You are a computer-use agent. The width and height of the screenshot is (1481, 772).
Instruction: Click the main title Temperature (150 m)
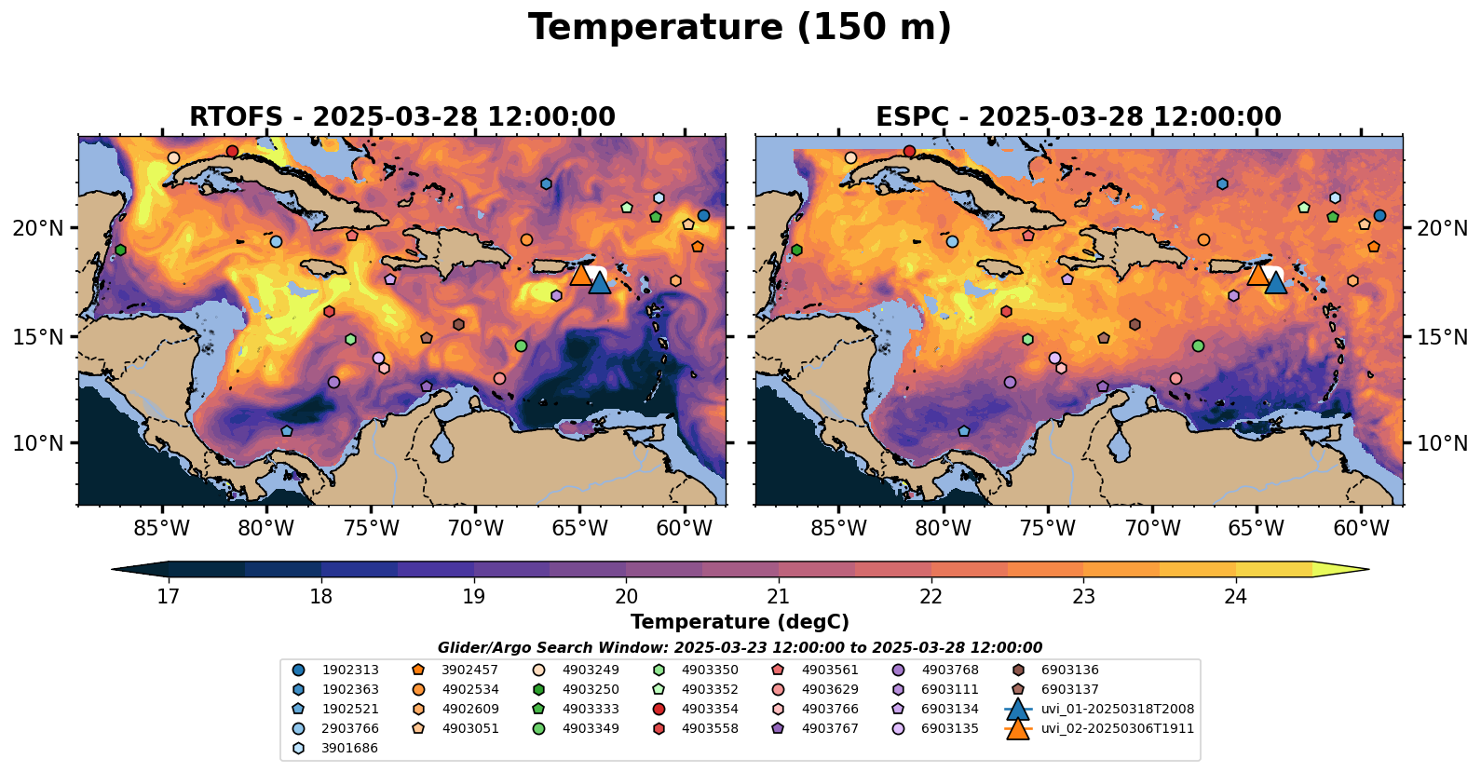coord(740,27)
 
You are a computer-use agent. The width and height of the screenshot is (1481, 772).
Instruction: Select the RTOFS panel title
coord(401,117)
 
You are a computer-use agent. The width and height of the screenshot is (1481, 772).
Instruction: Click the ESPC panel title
coord(1078,117)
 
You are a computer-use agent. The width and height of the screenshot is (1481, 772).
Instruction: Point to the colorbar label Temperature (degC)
coord(740,622)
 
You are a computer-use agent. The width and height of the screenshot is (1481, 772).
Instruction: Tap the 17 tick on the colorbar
coord(168,597)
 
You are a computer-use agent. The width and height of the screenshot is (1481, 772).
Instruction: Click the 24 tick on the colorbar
coord(1235,597)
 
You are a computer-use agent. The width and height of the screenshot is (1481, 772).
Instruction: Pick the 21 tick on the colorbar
coord(778,597)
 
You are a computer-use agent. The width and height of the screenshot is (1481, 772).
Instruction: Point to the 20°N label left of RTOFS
coord(38,229)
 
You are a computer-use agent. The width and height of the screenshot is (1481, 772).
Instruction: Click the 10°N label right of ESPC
coord(1442,443)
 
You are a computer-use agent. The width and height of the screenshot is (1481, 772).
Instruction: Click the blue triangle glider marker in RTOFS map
coord(599,282)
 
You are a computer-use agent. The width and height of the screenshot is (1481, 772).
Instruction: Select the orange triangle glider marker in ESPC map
coord(1257,274)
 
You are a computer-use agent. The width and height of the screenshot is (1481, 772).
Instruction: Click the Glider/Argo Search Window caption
coord(740,648)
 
